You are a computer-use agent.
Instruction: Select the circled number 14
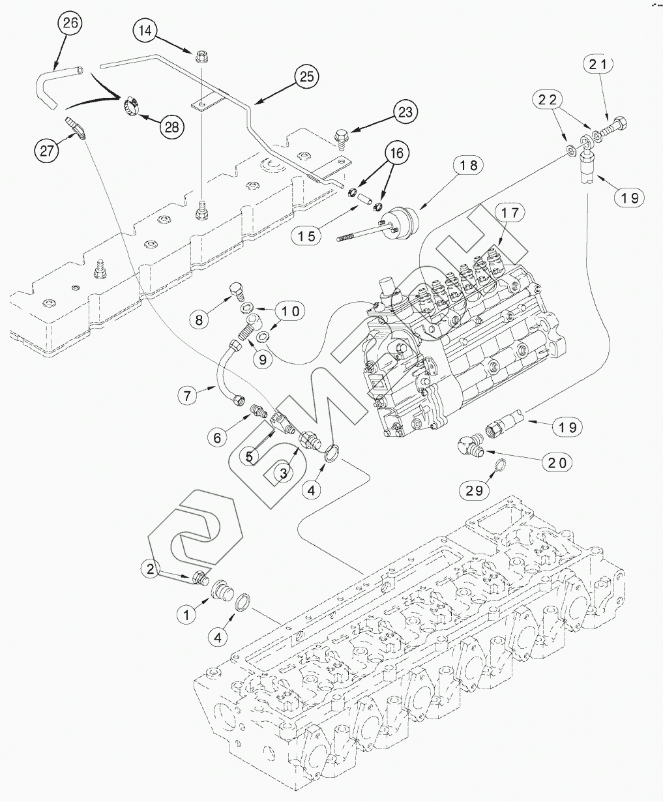[146, 31]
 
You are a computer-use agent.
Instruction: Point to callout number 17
[512, 213]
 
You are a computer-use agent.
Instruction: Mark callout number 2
[151, 569]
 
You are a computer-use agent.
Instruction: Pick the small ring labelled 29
[500, 466]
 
